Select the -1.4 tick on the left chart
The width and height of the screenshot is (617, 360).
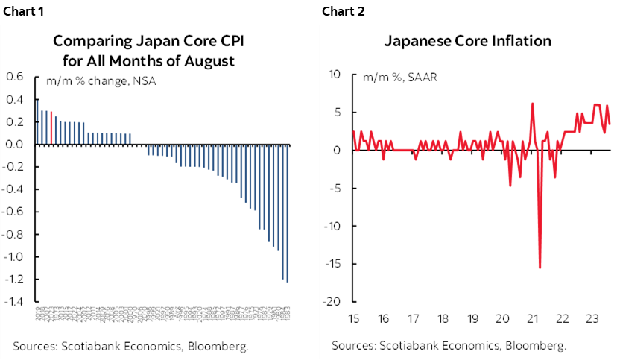click(13, 302)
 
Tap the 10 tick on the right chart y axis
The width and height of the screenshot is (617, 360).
click(334, 75)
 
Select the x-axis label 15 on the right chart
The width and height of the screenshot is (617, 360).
click(355, 318)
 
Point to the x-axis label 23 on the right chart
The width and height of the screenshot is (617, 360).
click(591, 318)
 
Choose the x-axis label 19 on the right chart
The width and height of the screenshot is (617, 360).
click(472, 318)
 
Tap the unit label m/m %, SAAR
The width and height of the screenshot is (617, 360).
click(400, 78)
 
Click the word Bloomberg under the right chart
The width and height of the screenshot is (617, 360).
click(536, 346)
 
